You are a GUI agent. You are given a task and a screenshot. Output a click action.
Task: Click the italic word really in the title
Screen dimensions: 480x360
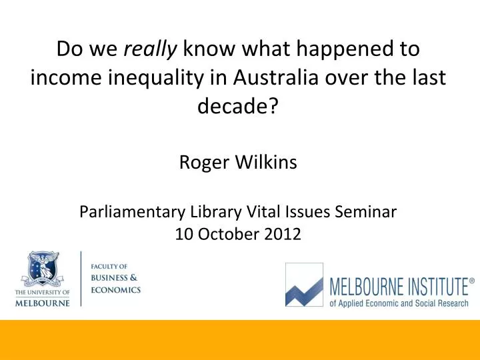pos(150,49)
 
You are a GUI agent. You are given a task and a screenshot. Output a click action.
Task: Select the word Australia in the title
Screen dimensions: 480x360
pos(275,77)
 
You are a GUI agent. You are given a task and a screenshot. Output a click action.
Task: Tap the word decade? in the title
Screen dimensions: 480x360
pos(238,106)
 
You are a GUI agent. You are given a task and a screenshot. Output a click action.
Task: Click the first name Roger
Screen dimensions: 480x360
pos(204,163)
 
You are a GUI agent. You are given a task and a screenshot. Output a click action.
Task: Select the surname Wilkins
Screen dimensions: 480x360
pos(266,161)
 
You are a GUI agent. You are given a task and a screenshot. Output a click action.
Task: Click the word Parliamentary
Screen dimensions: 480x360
pos(132,212)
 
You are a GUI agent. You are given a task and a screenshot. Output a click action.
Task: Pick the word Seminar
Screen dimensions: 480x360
pos(365,211)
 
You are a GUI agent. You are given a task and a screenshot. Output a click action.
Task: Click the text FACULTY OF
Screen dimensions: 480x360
pos(109,267)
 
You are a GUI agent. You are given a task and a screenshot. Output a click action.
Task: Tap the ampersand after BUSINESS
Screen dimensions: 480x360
pos(133,277)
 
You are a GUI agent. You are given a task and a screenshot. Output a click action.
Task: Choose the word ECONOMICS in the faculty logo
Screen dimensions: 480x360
pos(116,290)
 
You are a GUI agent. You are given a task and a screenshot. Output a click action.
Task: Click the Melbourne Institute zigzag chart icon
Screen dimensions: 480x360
pos(304,285)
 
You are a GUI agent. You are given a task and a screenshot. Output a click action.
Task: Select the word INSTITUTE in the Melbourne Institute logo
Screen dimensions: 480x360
pos(437,287)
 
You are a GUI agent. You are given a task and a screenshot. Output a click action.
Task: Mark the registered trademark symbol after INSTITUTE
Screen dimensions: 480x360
pos(472,281)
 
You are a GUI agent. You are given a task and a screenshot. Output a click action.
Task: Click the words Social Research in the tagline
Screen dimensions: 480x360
pos(441,303)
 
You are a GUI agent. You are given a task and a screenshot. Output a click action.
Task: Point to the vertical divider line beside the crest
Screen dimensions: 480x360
pos(81,279)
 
